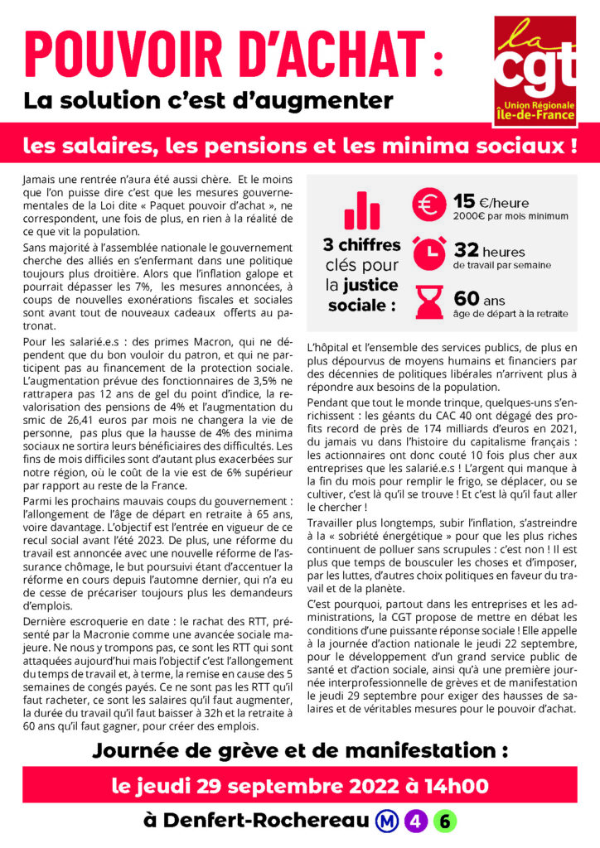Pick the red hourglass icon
[430, 302]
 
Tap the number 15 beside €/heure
[464, 201]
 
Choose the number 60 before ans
[467, 297]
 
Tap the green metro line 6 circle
[443, 821]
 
